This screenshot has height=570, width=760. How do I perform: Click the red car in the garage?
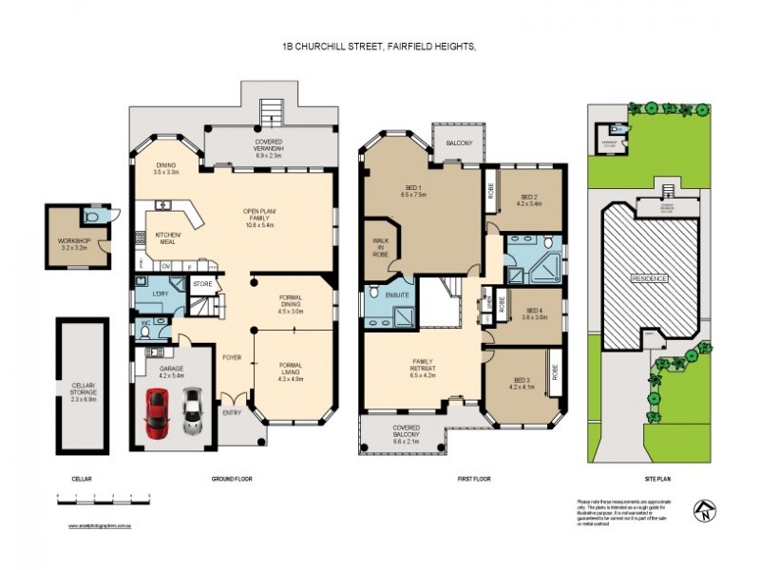coord(157,412)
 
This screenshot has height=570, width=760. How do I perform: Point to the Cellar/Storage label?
coord(84,390)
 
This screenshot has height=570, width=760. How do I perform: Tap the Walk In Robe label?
coord(381,248)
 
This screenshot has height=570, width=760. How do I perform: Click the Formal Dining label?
coord(289,306)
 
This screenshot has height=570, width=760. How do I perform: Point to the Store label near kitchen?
coord(202,283)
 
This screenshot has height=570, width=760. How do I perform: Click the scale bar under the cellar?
coord(104,497)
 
